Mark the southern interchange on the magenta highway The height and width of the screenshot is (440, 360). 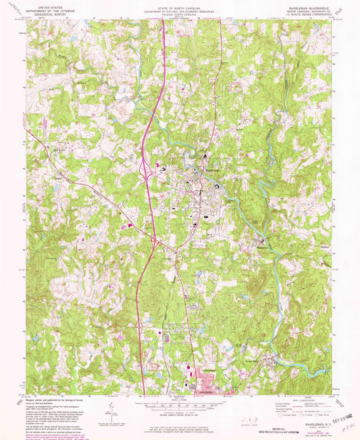click(155, 241)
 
